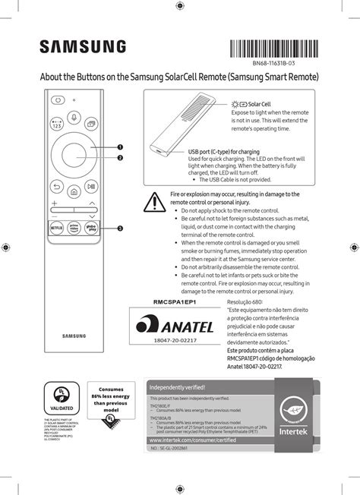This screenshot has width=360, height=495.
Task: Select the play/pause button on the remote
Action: coord(91,186)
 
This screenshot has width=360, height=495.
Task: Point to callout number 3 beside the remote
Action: coord(120,229)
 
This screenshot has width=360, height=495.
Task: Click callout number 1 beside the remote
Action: coord(120,147)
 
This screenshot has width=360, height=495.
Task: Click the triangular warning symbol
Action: coord(155,202)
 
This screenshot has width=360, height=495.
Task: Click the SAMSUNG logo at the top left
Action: coord(84,48)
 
